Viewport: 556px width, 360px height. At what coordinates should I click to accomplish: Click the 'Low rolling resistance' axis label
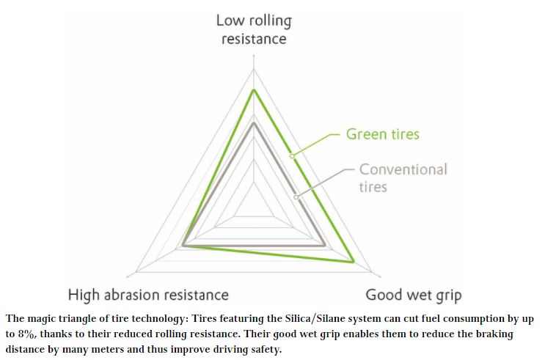click(254, 29)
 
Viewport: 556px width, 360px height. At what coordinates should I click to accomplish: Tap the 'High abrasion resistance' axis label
click(148, 295)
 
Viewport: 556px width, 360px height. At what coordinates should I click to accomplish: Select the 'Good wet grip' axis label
click(414, 295)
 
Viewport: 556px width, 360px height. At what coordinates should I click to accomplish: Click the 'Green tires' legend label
click(383, 134)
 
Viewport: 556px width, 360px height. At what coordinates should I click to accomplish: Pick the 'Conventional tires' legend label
click(403, 177)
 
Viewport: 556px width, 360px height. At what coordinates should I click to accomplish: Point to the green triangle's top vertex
click(254, 89)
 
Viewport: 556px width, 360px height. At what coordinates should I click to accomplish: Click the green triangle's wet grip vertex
click(354, 261)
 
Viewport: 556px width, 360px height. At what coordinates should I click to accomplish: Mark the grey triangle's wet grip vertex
click(325, 246)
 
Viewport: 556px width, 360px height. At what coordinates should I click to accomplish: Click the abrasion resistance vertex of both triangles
click(183, 246)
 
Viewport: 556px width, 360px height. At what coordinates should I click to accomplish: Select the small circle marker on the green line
click(291, 155)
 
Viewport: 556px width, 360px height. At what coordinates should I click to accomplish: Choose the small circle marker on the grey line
click(296, 196)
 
